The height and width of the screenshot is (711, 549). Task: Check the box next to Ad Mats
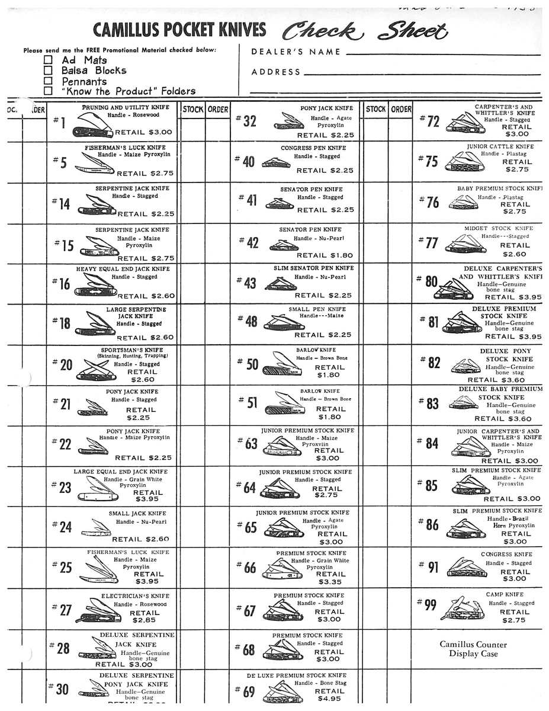49,60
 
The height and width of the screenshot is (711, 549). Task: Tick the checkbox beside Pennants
49,81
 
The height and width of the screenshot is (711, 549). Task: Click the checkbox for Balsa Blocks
49,71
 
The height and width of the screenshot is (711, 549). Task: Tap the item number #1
59,123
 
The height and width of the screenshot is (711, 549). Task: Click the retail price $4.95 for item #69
329,699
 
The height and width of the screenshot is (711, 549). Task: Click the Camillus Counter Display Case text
473,649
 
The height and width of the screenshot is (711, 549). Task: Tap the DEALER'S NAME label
296,52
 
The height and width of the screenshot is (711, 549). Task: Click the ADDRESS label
276,72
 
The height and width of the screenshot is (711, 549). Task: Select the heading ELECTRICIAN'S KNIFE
135,595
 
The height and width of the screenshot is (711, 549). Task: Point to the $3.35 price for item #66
329,582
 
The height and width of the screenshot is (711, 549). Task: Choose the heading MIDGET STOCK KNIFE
499,228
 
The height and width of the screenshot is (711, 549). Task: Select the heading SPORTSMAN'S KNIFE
135,350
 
